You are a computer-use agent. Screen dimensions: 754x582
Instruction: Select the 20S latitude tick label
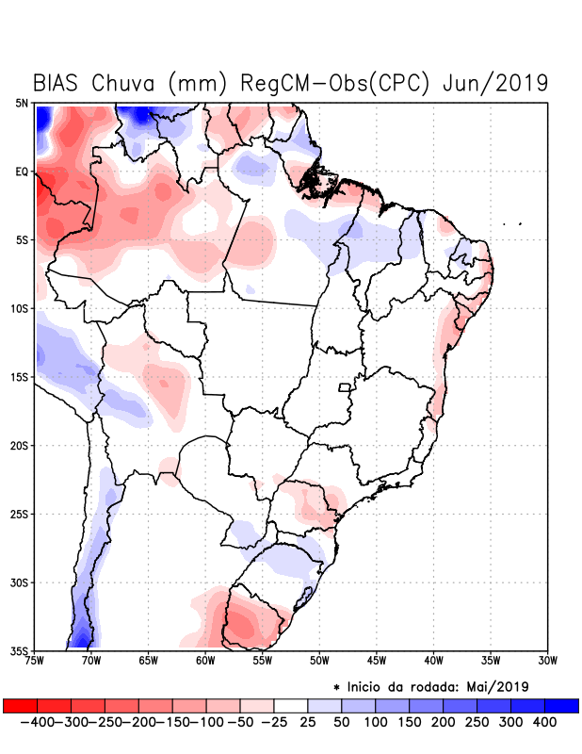click(22, 445)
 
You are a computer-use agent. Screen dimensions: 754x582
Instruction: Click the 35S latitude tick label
click(22, 650)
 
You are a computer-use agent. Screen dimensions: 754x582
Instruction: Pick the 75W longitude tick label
click(36, 660)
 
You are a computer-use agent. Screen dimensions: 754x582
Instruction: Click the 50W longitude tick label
click(318, 660)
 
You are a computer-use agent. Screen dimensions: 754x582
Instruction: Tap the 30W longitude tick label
click(548, 660)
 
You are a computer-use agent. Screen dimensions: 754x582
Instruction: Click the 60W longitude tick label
click(204, 660)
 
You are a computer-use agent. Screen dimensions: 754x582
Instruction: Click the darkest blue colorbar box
click(561, 705)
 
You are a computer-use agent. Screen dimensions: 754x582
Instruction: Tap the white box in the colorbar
click(291, 705)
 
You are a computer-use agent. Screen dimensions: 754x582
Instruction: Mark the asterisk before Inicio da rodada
click(337, 687)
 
